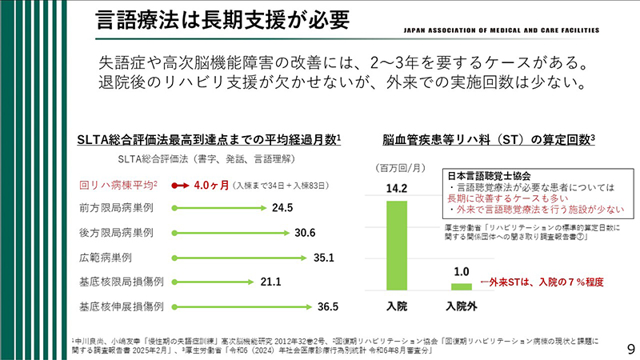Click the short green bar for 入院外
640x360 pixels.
[462, 286]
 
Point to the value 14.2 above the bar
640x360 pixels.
[397, 190]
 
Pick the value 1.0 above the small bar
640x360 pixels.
[462, 271]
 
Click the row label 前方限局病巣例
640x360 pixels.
[117, 208]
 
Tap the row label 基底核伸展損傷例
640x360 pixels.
[122, 306]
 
